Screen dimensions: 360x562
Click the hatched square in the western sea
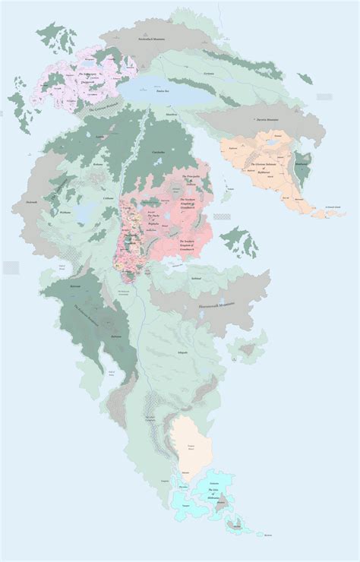11,267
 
